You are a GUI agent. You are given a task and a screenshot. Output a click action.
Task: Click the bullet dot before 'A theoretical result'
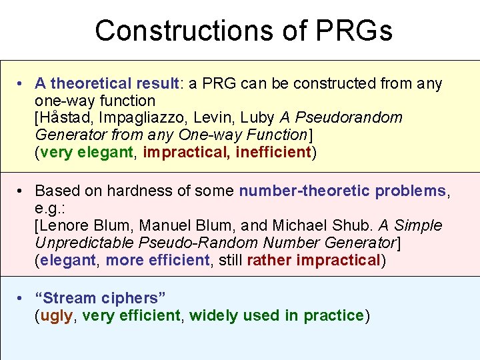click(22, 84)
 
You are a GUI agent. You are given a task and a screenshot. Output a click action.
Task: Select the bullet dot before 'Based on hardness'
click(22, 191)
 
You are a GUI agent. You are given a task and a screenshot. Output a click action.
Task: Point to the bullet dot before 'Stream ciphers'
click(22, 299)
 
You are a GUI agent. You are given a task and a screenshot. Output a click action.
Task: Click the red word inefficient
click(273, 152)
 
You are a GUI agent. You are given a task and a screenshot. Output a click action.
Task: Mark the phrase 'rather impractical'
click(313, 260)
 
